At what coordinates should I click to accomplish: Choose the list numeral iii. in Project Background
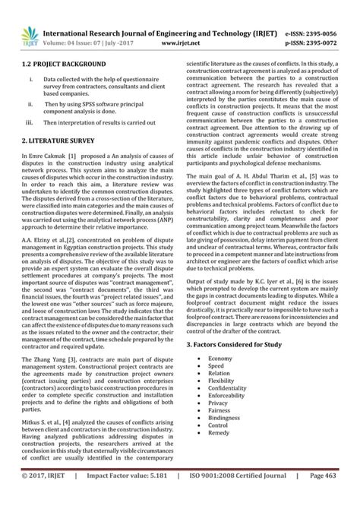click(28, 122)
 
